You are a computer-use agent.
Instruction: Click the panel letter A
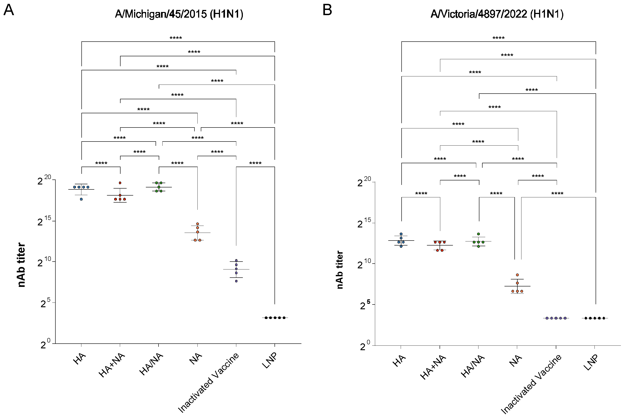(x=9, y=11)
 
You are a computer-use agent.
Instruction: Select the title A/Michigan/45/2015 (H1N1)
(x=179, y=14)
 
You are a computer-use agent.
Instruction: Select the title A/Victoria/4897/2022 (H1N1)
(x=497, y=14)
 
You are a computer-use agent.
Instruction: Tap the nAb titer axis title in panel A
(x=21, y=265)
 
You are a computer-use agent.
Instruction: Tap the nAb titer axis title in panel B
(x=339, y=270)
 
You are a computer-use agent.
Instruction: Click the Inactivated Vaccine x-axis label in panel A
(x=208, y=383)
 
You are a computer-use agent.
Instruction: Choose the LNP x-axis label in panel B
(x=591, y=363)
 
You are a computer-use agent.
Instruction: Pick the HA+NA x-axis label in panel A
(x=112, y=365)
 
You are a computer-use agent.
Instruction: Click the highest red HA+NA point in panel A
(x=120, y=183)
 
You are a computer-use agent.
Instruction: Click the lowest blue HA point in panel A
(x=81, y=199)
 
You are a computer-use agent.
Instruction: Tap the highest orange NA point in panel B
(x=517, y=275)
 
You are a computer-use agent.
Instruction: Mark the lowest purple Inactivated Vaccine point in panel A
(x=236, y=281)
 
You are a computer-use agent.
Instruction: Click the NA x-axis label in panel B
(x=515, y=360)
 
